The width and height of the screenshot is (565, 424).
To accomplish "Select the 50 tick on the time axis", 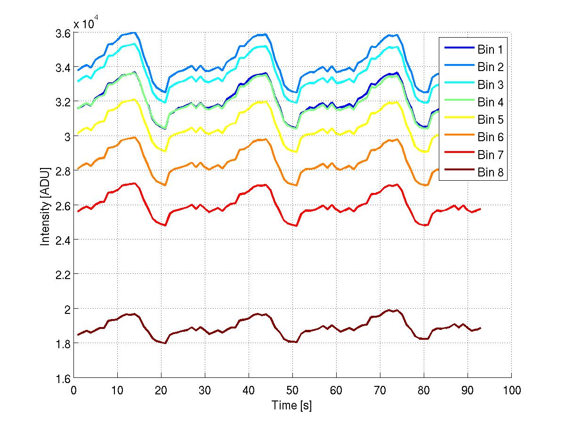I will (x=292, y=390).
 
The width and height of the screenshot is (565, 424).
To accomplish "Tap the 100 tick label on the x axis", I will (x=511, y=390).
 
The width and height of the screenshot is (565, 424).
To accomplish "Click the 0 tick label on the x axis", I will (x=73, y=390).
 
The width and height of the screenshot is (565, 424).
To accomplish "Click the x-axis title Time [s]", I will (x=292, y=405).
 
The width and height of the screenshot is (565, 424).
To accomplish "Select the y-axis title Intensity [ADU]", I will (x=45, y=206).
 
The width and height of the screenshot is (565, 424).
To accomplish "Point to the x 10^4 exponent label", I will (x=86, y=23).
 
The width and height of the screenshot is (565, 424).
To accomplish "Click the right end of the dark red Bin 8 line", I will (x=481, y=328).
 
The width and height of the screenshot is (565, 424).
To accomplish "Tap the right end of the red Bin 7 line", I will (x=481, y=208).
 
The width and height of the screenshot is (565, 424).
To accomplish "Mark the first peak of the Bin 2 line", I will (x=135, y=33).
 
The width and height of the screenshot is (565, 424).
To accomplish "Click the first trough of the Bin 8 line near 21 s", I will (x=165, y=343).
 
